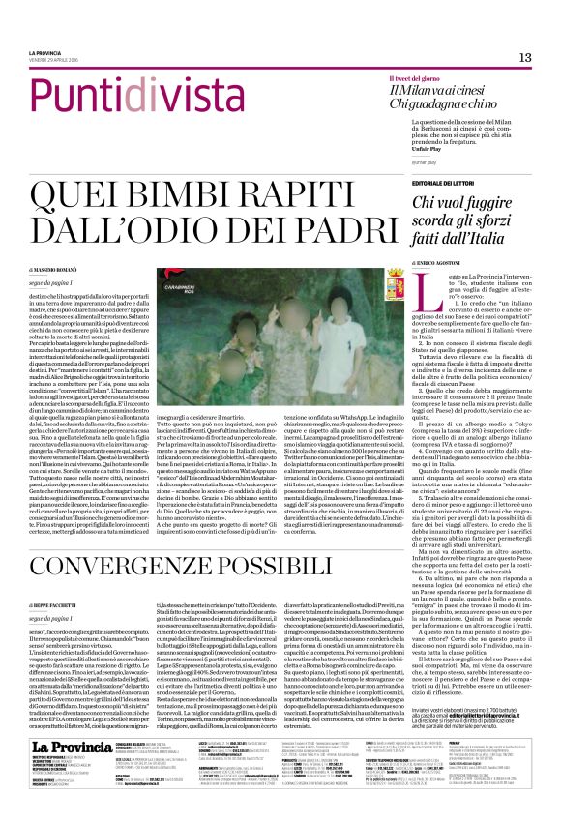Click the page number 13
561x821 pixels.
[524, 58]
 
